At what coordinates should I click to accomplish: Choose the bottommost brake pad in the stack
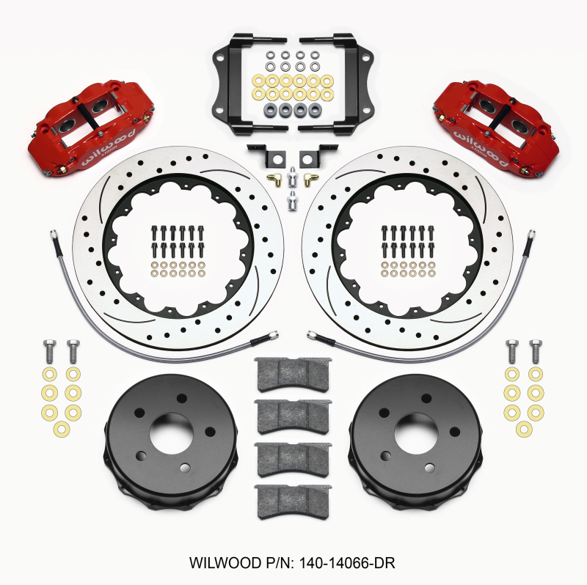[x=293, y=501]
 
